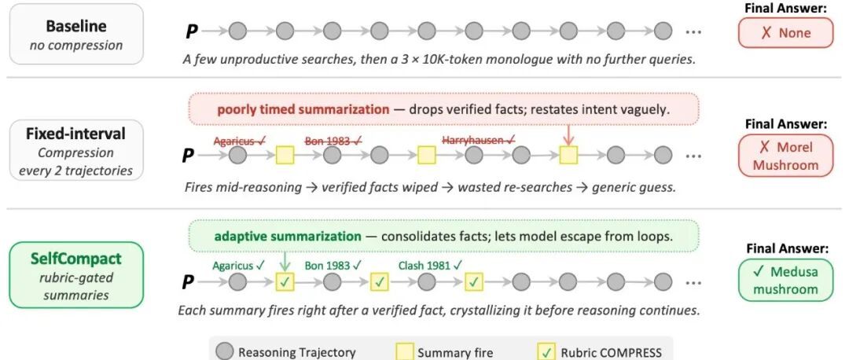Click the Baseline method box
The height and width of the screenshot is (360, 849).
[x=76, y=34]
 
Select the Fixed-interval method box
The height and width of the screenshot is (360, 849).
[x=76, y=150]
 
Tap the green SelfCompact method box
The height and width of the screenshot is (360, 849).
[x=76, y=275]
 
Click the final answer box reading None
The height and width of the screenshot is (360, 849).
[x=786, y=33]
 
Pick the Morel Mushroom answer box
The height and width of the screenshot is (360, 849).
[x=786, y=156]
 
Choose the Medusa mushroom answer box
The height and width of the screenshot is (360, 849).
[x=786, y=280]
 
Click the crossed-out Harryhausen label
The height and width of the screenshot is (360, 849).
[x=479, y=141]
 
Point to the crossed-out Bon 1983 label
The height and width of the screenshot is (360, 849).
[x=333, y=141]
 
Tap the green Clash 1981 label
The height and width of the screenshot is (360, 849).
[x=431, y=265]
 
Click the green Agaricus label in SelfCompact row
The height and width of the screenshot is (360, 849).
[x=239, y=265]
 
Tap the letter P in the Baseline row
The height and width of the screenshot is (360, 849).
[x=192, y=32]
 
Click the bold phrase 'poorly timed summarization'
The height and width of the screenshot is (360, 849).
[x=303, y=109]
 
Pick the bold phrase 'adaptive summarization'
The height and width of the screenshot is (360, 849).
[x=288, y=237]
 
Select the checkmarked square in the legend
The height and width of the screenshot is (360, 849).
[x=547, y=352]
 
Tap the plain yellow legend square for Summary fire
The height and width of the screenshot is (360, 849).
[x=406, y=352]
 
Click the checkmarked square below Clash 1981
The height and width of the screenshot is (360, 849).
[x=474, y=281]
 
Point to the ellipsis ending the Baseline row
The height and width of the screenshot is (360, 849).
[x=693, y=32]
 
